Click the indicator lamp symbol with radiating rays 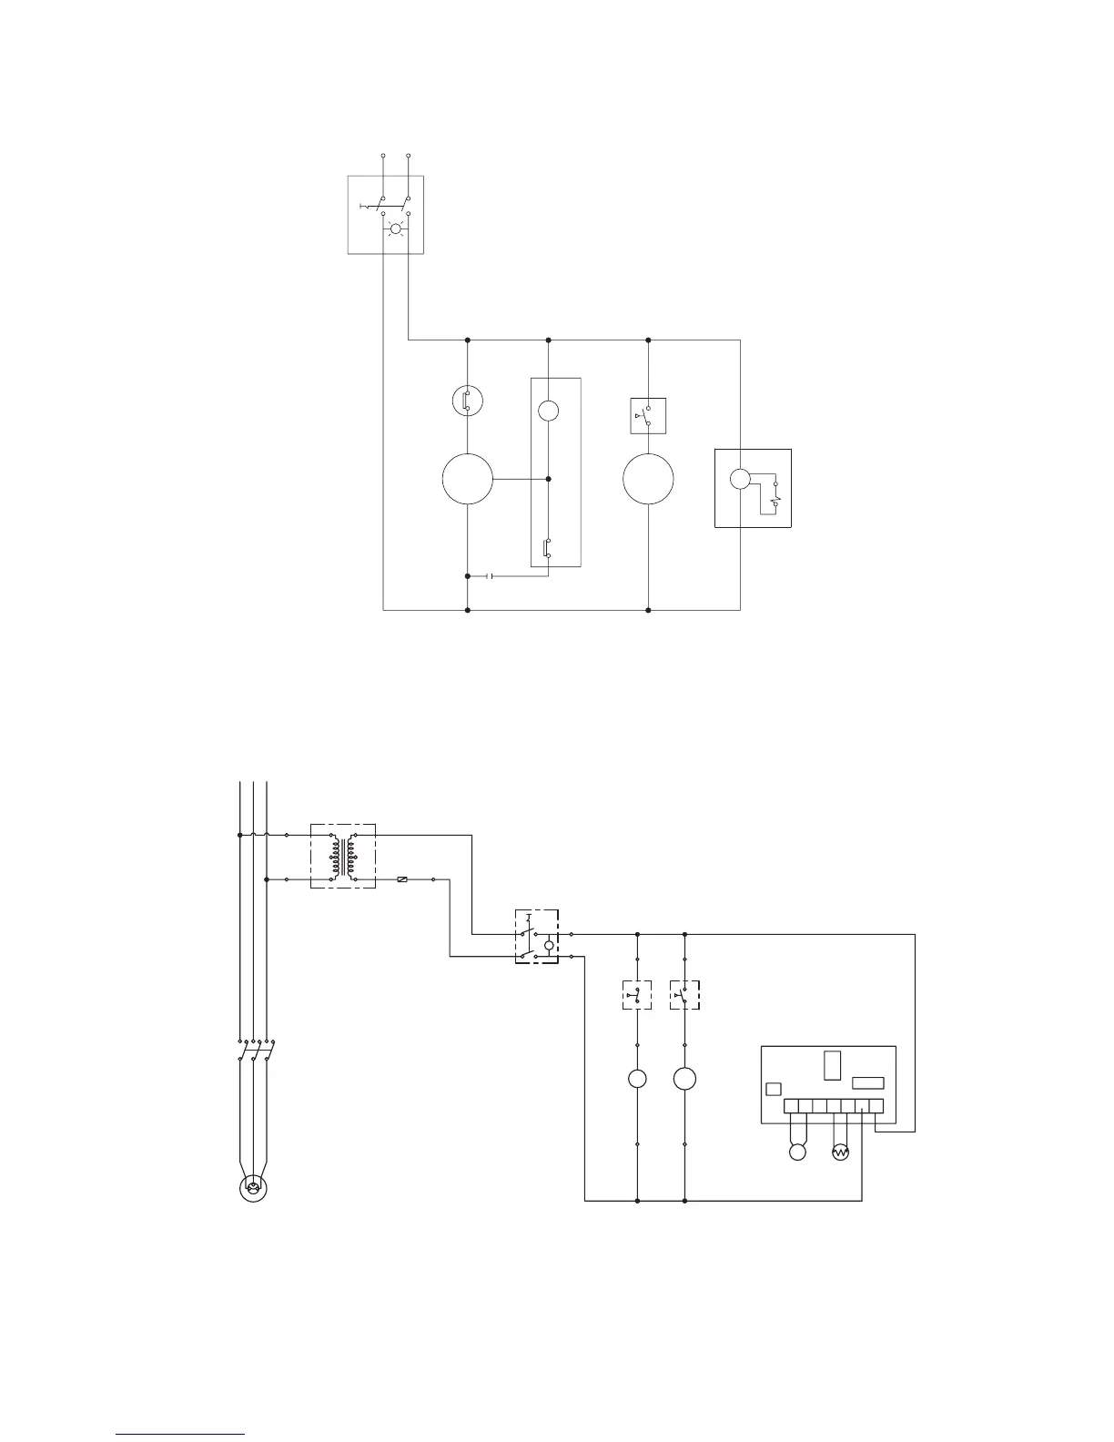pos(395,228)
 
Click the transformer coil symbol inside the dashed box pos(343,856)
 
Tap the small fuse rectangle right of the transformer pos(403,879)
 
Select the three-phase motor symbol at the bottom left pos(253,1187)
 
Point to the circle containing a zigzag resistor pos(840,1153)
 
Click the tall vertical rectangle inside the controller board pos(832,1065)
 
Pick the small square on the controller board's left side pos(774,1089)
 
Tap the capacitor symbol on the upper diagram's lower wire pos(490,576)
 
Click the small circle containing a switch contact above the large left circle pos(467,401)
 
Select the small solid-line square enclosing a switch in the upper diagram pos(648,416)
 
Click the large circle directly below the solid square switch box pos(648,479)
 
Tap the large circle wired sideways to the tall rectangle pos(467,479)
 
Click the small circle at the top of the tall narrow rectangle pos(548,411)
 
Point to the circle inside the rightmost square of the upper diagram pos(740,479)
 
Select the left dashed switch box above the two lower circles pos(636,994)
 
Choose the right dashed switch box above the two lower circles pos(684,994)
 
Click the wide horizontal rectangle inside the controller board pos(867,1083)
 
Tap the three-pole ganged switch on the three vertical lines pos(255,1052)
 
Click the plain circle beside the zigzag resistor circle pos(797,1153)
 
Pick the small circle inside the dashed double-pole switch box pos(548,947)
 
